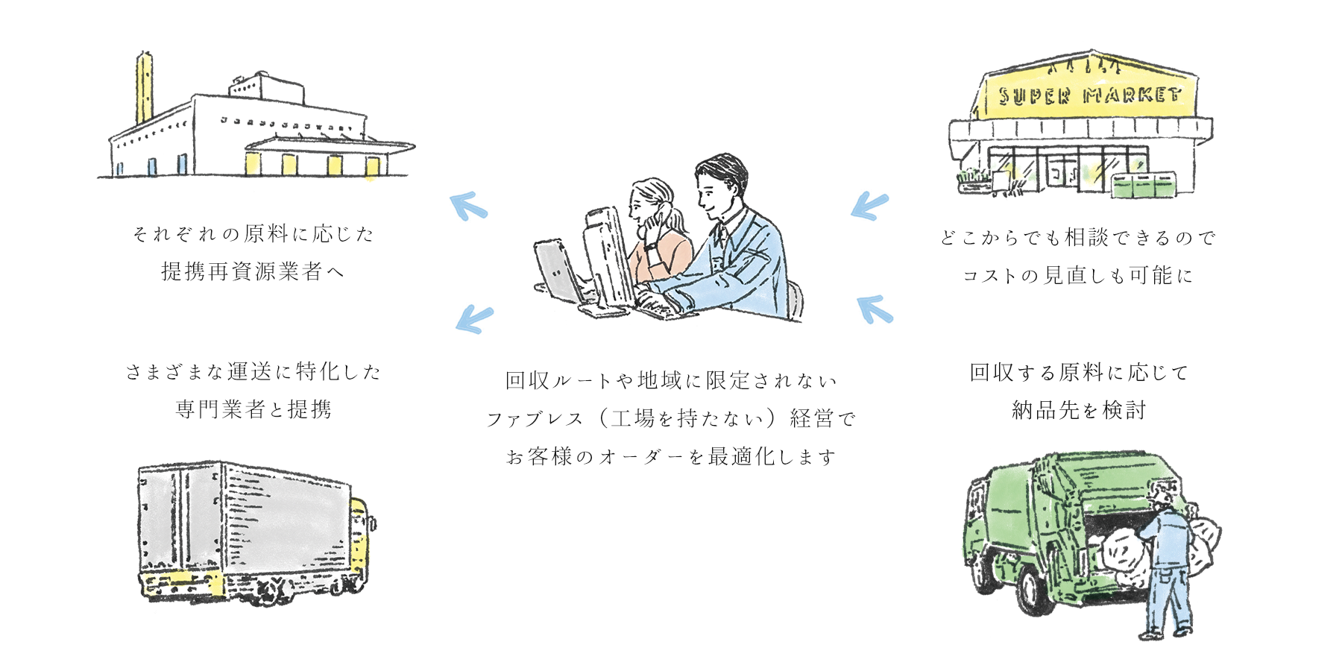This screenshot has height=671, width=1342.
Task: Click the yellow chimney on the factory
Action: [x=144, y=89]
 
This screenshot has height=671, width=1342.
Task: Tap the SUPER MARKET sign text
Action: [x=1090, y=95]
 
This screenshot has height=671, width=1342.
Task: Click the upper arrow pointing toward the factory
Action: [x=468, y=206]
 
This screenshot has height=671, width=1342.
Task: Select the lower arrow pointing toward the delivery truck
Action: [x=473, y=318]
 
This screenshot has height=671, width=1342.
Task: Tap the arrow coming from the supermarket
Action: [x=870, y=205]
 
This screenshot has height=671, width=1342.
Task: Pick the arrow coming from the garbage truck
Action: [x=875, y=308]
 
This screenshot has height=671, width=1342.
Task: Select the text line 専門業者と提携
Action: [x=253, y=409]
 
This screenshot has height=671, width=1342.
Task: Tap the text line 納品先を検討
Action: [x=1078, y=409]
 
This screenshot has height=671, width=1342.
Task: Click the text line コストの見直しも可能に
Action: [x=1078, y=275]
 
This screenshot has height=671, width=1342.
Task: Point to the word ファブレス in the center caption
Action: [x=535, y=419]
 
